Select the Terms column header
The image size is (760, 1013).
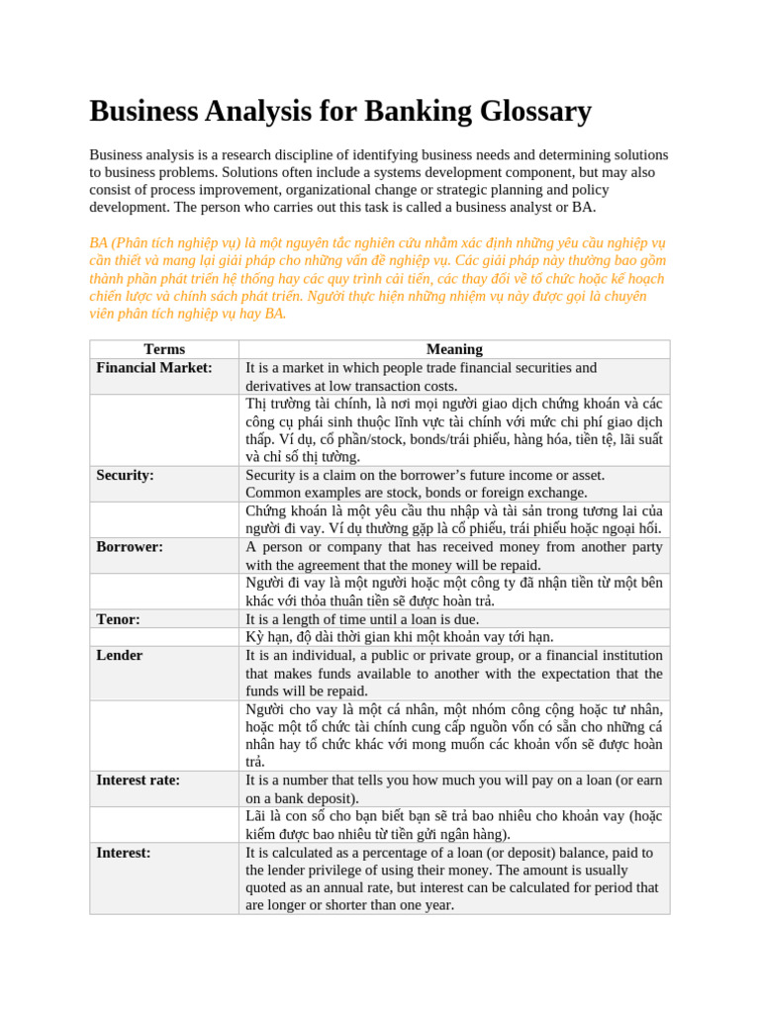click(164, 349)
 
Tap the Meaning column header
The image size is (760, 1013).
click(454, 349)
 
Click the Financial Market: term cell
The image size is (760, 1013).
click(154, 368)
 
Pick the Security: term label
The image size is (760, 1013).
click(125, 475)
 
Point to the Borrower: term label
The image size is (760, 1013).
click(130, 546)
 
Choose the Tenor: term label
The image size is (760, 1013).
click(118, 619)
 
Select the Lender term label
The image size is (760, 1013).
click(119, 655)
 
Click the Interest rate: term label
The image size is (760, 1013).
click(138, 780)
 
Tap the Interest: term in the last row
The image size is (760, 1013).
click(123, 852)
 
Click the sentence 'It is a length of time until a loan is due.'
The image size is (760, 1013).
click(362, 619)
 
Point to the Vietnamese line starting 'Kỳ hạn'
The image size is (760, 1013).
click(400, 637)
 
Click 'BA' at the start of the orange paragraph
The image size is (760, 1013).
click(98, 242)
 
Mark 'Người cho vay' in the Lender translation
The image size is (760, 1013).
click(291, 709)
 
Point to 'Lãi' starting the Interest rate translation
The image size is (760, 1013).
click(256, 816)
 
